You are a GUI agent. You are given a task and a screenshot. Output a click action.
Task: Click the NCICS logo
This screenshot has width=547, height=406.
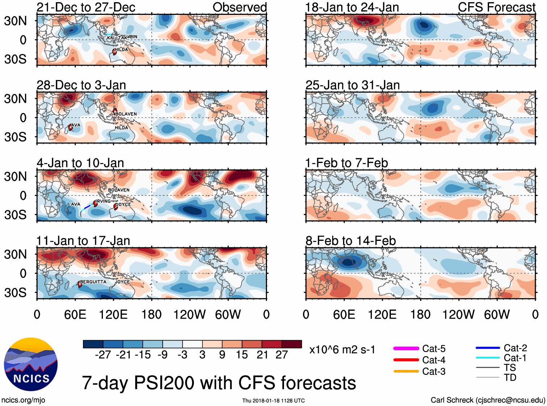click(31, 364)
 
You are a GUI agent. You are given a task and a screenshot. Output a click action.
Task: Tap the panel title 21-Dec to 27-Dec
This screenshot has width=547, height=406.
click(86, 7)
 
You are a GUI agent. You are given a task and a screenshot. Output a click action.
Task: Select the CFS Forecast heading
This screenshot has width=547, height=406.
click(496, 7)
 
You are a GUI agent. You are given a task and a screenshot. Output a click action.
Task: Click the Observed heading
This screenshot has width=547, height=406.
click(239, 7)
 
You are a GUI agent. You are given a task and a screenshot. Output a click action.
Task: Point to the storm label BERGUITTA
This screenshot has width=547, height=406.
click(93, 282)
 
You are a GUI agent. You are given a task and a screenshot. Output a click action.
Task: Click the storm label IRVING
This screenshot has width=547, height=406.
click(103, 201)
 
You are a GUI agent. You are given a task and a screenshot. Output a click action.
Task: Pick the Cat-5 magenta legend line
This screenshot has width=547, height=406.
click(406, 348)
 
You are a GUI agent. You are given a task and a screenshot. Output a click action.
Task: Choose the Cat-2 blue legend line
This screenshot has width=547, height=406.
click(488, 348)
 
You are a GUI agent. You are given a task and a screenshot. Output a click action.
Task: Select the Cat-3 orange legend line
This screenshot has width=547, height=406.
click(406, 371)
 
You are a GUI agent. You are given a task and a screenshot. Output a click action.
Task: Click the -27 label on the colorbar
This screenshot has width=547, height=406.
click(103, 355)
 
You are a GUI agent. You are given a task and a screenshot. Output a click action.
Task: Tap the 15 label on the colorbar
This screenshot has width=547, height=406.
click(242, 355)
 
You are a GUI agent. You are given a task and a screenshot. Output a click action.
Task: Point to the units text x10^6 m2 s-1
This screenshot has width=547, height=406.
click(342, 350)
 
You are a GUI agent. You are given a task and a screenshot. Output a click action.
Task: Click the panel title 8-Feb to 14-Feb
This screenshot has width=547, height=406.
click(351, 241)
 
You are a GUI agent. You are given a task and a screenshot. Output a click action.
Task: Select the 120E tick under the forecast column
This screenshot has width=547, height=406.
click(382, 314)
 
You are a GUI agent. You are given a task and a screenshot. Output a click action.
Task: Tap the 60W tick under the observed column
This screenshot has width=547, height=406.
click(228, 314)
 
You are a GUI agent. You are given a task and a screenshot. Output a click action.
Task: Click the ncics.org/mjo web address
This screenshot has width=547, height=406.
click(23, 400)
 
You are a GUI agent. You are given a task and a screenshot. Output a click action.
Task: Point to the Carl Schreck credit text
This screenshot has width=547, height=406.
click(488, 400)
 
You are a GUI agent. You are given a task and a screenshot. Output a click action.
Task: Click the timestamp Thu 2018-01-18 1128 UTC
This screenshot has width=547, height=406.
click(273, 401)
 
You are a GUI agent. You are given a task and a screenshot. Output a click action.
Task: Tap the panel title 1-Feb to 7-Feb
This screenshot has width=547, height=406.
click(347, 163)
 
